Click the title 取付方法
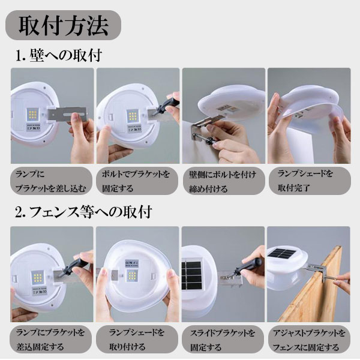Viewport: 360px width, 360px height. click(63, 25)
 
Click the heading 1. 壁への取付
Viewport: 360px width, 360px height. click(59, 55)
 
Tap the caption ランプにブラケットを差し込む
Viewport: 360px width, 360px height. click(51, 181)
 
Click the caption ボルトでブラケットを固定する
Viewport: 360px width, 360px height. click(136, 181)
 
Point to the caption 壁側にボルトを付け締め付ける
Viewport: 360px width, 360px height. click(222, 182)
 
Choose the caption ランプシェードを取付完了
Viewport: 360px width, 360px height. click(305, 181)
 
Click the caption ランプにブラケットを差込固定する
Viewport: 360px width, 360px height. click(50, 340)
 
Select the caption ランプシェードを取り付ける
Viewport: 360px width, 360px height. click(137, 340)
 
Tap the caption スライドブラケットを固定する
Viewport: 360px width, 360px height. click(222, 340)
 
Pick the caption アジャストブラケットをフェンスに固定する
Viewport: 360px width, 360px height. click(309, 340)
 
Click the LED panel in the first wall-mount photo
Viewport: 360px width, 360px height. click(32, 114)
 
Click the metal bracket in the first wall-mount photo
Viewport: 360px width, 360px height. click(67, 114)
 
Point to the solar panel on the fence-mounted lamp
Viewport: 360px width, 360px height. click(281, 254)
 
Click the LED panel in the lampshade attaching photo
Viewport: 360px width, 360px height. click(132, 275)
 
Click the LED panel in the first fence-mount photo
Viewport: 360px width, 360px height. click(37, 277)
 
